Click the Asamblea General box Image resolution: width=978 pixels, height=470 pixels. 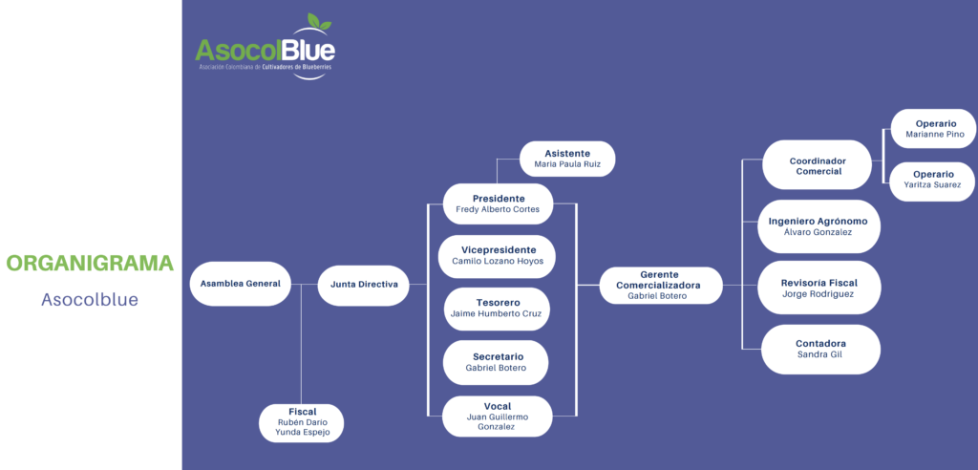[240, 284]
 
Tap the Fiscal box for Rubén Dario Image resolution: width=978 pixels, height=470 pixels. [302, 422]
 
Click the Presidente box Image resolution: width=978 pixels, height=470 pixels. [499, 203]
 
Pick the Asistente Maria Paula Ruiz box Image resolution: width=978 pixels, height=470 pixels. [567, 159]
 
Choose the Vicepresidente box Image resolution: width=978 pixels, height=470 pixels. [497, 255]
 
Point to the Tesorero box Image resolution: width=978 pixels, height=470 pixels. [498, 308]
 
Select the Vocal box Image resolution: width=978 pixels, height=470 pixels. [497, 417]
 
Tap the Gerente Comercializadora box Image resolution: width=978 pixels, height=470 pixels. [661, 285]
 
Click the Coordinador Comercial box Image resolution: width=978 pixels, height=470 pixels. [818, 165]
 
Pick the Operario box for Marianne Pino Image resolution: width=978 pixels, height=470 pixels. [934, 129]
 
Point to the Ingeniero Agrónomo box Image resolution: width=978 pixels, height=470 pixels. [818, 226]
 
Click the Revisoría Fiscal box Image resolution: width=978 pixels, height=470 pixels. [819, 288]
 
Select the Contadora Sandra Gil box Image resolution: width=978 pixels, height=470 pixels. [820, 349]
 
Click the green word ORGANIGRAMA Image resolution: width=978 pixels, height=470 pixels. [90, 264]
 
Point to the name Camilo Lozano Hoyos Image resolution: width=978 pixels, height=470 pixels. [497, 261]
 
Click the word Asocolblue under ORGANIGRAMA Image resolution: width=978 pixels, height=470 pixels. [90, 300]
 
